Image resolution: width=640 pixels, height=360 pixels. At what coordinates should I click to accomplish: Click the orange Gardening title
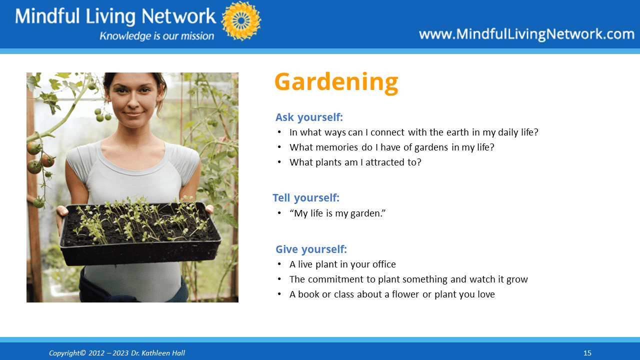tap(336, 82)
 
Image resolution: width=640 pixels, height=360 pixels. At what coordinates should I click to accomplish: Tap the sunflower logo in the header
tap(241, 21)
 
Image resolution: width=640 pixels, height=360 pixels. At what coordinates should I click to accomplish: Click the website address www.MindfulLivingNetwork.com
tap(526, 34)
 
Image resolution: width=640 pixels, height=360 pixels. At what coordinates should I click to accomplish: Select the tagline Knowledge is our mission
tap(157, 36)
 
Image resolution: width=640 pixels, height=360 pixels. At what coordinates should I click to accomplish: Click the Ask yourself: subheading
tap(309, 117)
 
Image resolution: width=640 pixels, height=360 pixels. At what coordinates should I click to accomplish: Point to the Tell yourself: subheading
tap(306, 197)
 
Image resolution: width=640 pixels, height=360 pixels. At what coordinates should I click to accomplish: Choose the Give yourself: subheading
tap(311, 249)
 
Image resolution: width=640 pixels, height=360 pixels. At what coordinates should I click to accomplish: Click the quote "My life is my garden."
tap(337, 213)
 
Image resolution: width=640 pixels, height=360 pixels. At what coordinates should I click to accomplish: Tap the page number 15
tap(587, 353)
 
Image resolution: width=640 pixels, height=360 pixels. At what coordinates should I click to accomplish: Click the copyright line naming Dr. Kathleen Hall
tap(117, 353)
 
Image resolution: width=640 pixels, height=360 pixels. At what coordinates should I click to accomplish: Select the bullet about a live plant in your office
tap(342, 264)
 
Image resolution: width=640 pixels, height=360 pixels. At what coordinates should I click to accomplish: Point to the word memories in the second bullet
tap(337, 147)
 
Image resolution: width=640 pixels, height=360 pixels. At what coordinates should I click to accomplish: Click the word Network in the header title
tap(178, 16)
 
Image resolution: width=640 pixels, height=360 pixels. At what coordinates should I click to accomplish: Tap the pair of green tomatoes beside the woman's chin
tap(103, 115)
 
